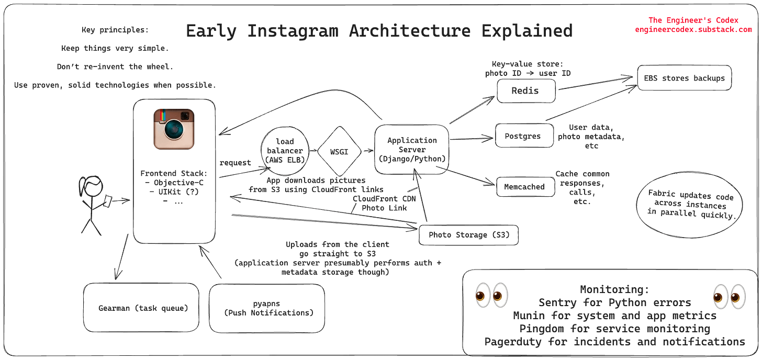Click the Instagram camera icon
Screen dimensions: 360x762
[174, 128]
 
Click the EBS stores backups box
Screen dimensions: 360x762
[684, 78]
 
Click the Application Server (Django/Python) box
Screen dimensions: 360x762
[411, 150]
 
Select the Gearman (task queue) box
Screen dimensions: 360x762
[142, 308]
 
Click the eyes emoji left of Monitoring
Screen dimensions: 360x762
[491, 296]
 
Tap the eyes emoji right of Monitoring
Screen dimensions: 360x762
[729, 296]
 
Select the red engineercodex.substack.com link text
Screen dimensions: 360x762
[693, 30]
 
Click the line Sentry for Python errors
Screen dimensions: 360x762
[614, 302]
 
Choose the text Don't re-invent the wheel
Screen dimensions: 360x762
[115, 67]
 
